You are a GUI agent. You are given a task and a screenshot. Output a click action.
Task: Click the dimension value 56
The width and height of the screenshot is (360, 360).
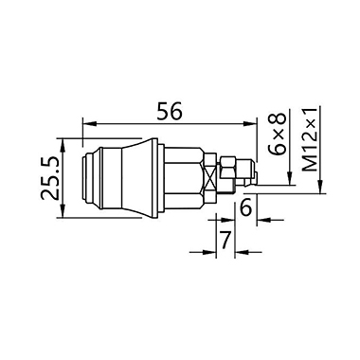pos(170,111)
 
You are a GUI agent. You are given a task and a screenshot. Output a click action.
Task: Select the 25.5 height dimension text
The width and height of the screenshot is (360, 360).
pos(50,177)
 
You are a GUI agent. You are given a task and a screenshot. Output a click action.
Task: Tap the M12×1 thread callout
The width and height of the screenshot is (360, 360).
pos(309,139)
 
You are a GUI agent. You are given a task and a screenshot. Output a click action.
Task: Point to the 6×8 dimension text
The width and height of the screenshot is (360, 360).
pos(278,135)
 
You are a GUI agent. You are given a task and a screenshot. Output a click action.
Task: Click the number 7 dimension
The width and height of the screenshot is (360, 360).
pos(225,240)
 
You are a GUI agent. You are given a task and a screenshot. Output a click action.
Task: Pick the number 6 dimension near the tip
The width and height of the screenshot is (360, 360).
pos(246,208)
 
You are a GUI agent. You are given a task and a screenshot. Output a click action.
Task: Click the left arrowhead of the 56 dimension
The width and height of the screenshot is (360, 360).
pos(89,124)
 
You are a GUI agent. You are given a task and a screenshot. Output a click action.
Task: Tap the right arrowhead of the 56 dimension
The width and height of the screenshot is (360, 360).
pos(250,124)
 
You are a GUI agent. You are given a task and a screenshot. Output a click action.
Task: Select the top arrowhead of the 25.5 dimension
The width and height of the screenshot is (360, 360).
pos(63,145)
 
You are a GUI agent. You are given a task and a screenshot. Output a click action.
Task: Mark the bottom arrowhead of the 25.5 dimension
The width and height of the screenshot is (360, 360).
pos(63,211)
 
